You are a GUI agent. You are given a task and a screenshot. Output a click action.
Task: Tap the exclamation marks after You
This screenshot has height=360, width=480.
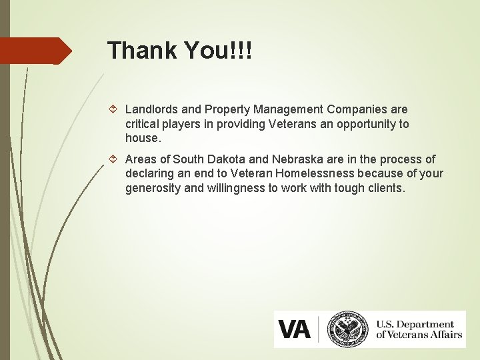(x=241, y=51)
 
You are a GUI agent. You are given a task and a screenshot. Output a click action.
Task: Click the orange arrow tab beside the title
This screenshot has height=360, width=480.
(x=36, y=51)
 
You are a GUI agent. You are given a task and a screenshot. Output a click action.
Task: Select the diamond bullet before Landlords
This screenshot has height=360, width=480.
(x=115, y=109)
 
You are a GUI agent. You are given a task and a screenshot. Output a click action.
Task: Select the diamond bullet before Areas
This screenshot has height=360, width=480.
(x=115, y=159)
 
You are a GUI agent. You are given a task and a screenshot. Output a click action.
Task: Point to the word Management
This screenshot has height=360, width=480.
(x=290, y=109)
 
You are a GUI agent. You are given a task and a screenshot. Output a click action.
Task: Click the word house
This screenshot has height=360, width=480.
(x=142, y=139)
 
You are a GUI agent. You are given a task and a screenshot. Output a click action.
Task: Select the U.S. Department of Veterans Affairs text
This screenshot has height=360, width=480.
(x=418, y=329)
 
